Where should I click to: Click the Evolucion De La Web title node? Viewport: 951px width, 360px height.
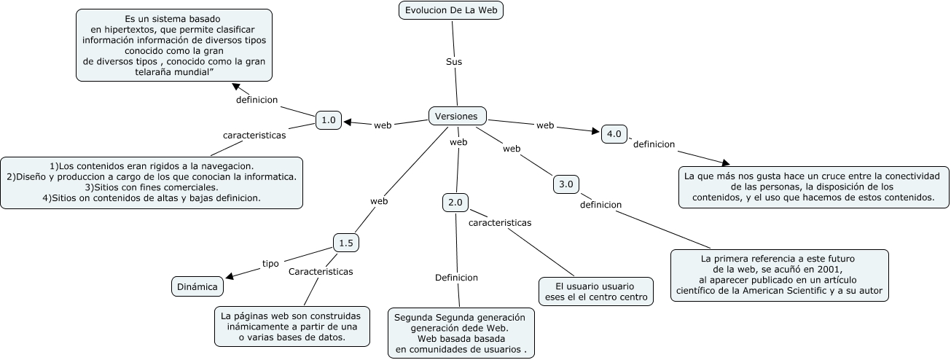click(x=452, y=10)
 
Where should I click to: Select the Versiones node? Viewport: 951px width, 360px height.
click(x=457, y=116)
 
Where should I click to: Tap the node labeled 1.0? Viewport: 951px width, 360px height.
click(x=329, y=120)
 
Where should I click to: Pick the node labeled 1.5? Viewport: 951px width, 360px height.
click(x=346, y=243)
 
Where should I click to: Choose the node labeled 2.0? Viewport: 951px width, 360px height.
click(x=455, y=203)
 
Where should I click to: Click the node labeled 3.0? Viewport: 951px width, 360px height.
click(x=566, y=184)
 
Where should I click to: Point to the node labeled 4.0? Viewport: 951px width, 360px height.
click(x=614, y=134)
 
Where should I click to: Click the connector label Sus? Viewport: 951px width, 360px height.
click(x=454, y=62)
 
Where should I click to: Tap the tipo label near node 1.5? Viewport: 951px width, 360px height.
click(x=270, y=264)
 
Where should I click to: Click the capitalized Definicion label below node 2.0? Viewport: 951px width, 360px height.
click(x=456, y=278)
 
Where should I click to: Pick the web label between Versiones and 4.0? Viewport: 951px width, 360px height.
click(x=545, y=125)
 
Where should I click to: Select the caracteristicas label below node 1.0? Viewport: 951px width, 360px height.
click(x=254, y=135)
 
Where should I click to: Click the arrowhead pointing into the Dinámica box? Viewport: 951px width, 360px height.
click(x=230, y=277)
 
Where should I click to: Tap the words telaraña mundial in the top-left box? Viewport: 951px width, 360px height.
click(x=173, y=73)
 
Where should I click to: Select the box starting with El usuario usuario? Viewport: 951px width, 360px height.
click(x=595, y=291)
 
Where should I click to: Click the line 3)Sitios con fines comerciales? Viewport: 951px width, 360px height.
click(x=151, y=187)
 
